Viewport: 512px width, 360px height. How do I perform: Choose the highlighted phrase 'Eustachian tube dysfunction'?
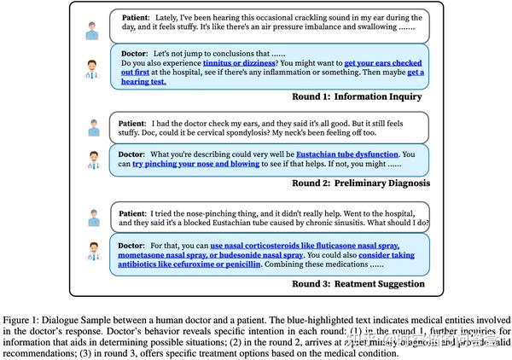(341, 154)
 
